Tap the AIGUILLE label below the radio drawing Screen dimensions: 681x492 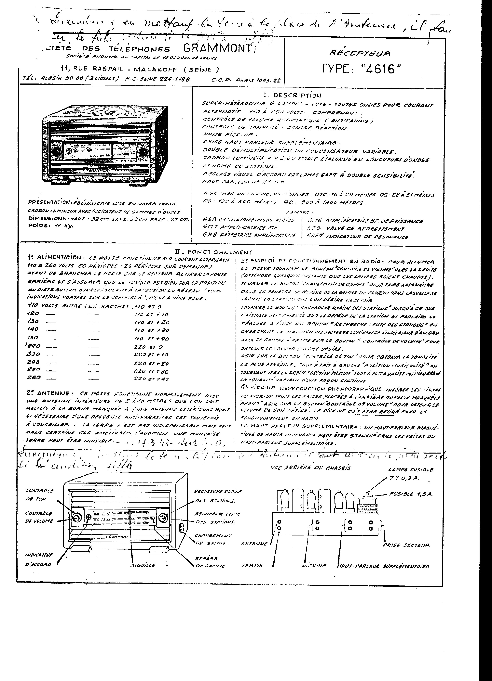[143, 565]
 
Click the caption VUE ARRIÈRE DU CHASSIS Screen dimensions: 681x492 [311, 468]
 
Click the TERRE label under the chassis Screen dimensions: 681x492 [253, 565]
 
